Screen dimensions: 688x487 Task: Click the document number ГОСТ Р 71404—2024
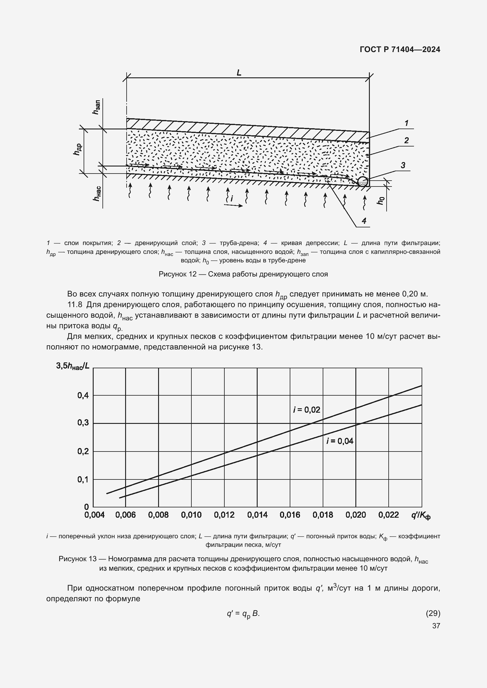pyautogui.click(x=400, y=49)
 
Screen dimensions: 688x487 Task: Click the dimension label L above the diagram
pyautogui.click(x=239, y=73)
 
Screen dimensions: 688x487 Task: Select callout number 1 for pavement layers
pyautogui.click(x=406, y=123)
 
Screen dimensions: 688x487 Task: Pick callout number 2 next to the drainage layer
pyautogui.click(x=406, y=140)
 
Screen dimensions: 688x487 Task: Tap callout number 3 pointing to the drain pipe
pyautogui.click(x=403, y=165)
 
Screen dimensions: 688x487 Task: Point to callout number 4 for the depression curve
pyautogui.click(x=364, y=221)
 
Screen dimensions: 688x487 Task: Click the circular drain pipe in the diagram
pyautogui.click(x=362, y=181)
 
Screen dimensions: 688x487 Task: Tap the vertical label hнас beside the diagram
pyautogui.click(x=97, y=193)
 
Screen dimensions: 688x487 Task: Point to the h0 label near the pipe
pyautogui.click(x=380, y=201)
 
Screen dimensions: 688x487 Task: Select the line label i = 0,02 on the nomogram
pyautogui.click(x=307, y=410)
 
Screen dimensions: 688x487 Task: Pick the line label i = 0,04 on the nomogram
pyautogui.click(x=340, y=441)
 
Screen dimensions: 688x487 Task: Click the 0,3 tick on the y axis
pyautogui.click(x=83, y=423)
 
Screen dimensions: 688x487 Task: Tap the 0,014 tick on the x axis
pyautogui.click(x=257, y=515)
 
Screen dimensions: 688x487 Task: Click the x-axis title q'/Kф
pyautogui.click(x=420, y=515)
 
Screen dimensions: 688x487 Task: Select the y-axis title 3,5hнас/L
pyautogui.click(x=72, y=366)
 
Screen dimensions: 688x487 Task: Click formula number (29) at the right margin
pyautogui.click(x=433, y=613)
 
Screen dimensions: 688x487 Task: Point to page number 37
pyautogui.click(x=436, y=626)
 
